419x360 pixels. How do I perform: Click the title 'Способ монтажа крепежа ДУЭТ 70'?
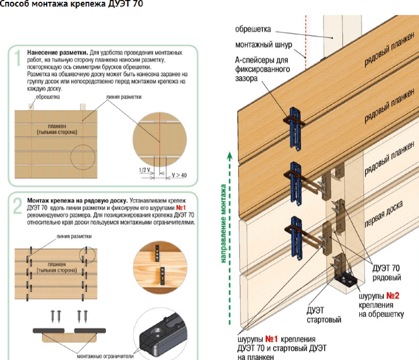72,5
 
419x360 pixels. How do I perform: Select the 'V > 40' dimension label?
178,175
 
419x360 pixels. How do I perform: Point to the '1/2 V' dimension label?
144,170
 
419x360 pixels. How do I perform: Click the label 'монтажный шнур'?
259,44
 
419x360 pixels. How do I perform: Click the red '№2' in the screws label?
392,295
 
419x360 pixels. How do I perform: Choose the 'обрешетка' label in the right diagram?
254,29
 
